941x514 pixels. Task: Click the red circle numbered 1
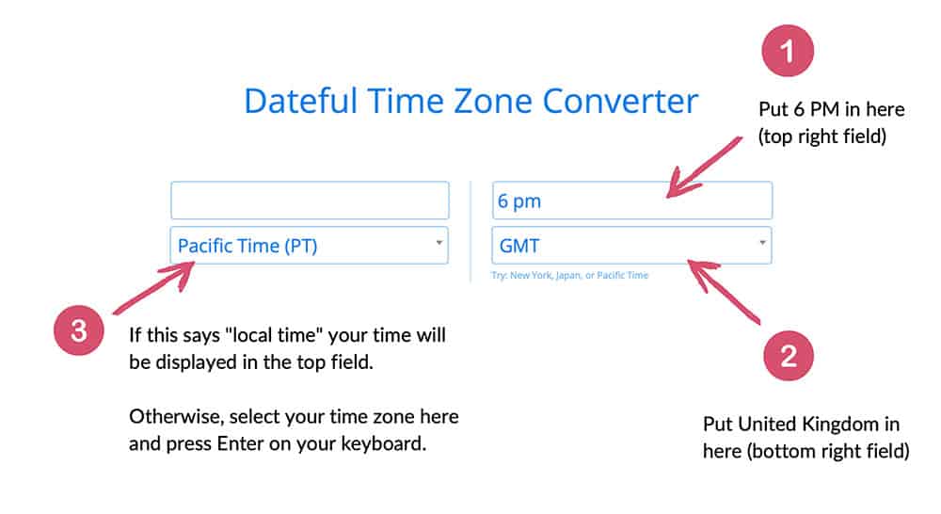[x=788, y=51]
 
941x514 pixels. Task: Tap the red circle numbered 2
[x=789, y=356]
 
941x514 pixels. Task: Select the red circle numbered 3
[x=79, y=329]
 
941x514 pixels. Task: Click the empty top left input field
[x=310, y=200]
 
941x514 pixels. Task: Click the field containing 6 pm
[x=632, y=200]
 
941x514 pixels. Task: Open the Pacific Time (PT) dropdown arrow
[x=439, y=243]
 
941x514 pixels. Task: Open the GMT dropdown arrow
[x=762, y=243]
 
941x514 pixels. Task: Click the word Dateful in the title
[x=301, y=101]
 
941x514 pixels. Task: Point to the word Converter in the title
[x=620, y=101]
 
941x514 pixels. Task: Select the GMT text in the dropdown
[x=519, y=246]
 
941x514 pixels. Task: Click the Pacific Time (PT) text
[x=247, y=246]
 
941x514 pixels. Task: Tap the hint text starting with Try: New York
[x=569, y=275]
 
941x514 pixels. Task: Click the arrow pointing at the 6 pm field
[x=703, y=168]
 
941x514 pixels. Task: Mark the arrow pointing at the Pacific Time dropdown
[x=153, y=289]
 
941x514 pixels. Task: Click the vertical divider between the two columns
[x=470, y=232]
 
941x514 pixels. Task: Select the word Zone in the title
[x=492, y=101]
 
